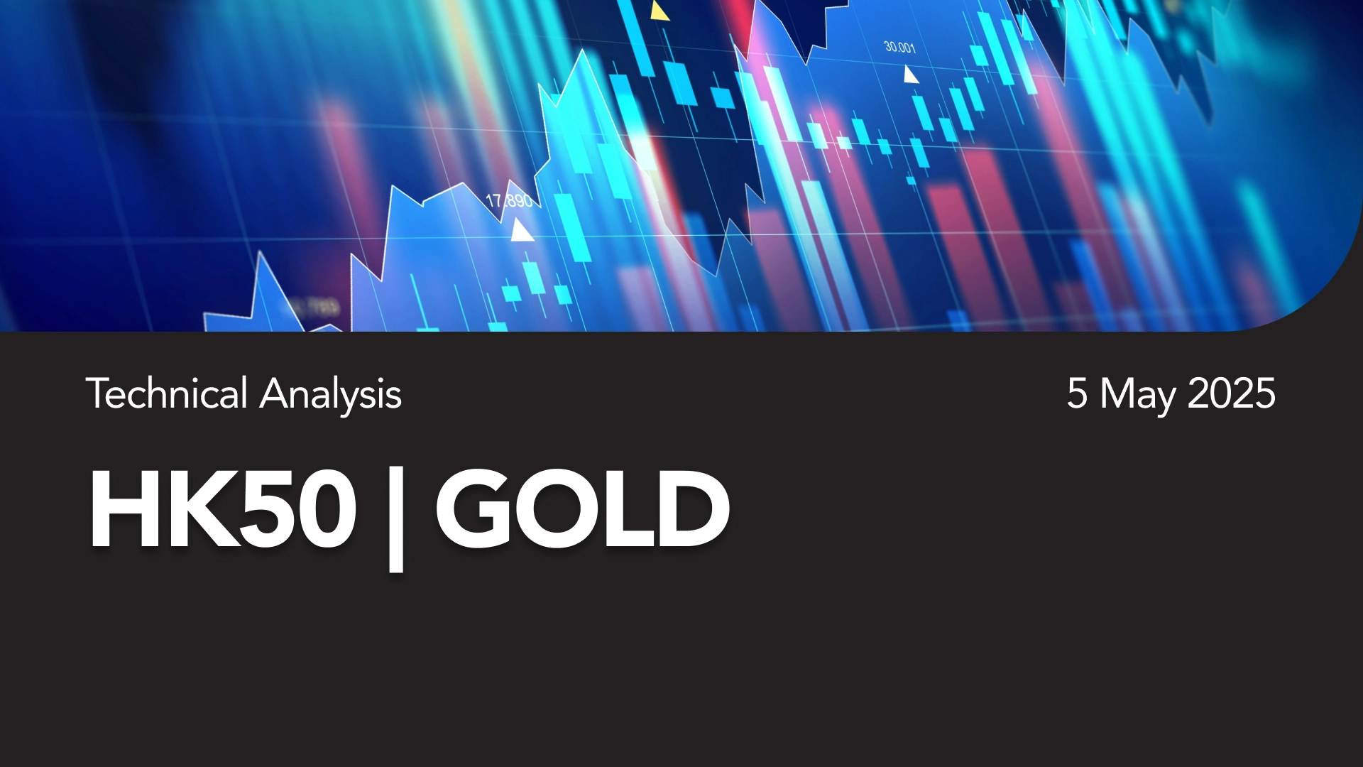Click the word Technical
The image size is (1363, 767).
click(167, 393)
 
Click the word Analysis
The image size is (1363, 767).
click(331, 396)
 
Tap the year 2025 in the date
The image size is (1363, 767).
click(1231, 393)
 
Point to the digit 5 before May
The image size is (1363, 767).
click(1077, 393)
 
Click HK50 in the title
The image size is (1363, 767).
click(222, 508)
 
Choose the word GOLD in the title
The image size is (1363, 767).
click(582, 508)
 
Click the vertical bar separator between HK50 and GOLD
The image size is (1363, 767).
click(396, 518)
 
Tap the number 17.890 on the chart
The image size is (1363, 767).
click(509, 201)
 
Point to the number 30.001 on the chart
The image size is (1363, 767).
click(900, 47)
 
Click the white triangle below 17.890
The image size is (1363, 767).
click(522, 230)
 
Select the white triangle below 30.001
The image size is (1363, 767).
click(910, 75)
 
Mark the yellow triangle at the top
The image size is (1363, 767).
click(659, 11)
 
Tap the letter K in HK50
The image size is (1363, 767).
click(200, 508)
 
